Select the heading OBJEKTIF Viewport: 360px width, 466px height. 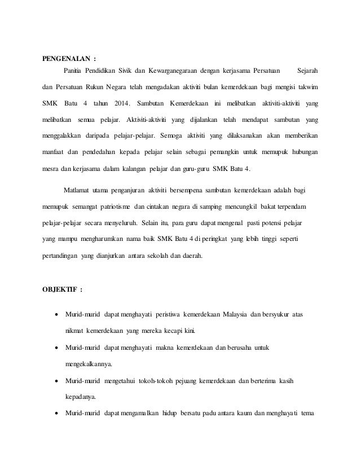point(59,290)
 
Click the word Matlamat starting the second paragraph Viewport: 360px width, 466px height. point(80,189)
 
